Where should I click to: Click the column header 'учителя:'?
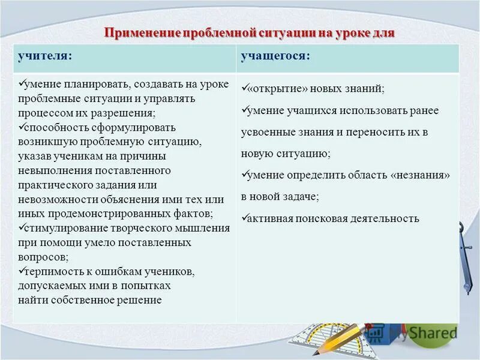pos(46,56)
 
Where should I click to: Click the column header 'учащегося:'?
pos(275,56)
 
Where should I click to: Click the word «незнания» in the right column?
pos(423,175)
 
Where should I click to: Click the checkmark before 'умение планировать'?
pos(20,83)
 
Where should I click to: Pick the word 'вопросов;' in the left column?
pos(43,257)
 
